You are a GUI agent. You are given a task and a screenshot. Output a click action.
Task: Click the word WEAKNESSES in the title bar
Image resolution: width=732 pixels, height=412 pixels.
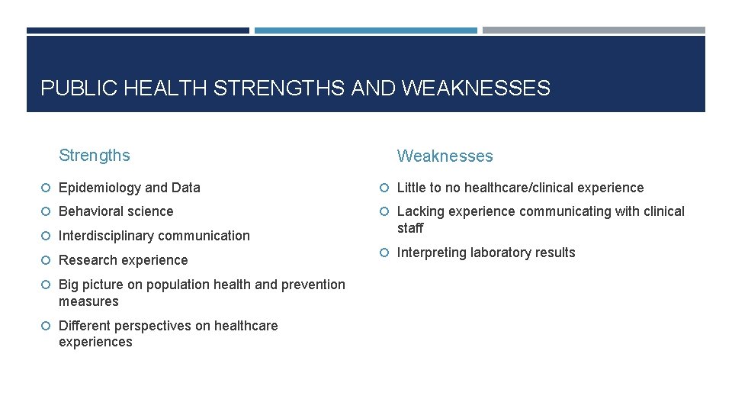(x=475, y=89)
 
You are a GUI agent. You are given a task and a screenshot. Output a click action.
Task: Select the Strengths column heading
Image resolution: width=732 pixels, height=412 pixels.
(x=95, y=156)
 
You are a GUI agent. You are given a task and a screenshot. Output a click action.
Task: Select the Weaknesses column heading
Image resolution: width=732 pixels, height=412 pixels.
(x=445, y=156)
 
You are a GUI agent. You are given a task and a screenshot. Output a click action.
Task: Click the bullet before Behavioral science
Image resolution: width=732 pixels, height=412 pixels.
(x=47, y=211)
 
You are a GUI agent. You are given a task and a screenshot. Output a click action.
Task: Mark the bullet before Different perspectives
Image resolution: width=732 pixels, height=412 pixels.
(x=47, y=326)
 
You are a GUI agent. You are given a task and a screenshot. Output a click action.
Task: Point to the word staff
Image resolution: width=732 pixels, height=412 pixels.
(x=410, y=228)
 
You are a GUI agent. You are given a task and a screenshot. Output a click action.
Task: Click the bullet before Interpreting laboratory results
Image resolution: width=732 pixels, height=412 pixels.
(x=385, y=253)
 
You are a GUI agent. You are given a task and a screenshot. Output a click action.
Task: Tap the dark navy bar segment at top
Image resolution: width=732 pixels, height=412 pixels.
(x=137, y=31)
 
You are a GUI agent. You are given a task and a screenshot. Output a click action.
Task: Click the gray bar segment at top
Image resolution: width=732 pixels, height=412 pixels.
(x=593, y=31)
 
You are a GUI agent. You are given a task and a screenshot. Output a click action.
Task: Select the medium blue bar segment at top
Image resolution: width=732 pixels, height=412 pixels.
(x=365, y=31)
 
